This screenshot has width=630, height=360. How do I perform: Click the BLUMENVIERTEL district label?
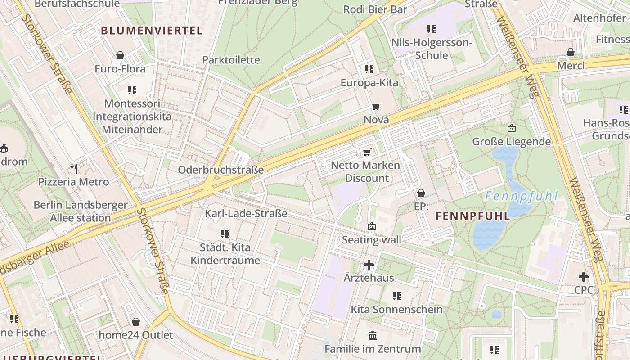152,31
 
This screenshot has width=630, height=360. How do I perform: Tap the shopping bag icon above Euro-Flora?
120,55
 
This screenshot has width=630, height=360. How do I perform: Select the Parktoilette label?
231,60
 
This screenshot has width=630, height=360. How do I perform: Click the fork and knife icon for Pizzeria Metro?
74,169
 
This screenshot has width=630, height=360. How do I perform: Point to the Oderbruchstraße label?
220,170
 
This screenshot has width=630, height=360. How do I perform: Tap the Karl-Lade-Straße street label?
246,213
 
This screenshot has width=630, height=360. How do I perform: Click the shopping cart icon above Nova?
376,107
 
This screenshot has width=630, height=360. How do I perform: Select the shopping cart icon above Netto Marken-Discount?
367,152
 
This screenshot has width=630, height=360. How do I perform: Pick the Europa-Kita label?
369,83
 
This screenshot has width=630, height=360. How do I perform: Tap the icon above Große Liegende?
511,129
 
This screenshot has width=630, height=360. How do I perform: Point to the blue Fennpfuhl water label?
522,196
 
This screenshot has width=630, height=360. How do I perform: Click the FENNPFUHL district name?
473,216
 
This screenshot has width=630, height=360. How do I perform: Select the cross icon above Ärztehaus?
369,265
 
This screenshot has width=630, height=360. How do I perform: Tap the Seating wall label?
371,240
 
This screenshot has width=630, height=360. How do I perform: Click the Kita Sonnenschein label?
396,310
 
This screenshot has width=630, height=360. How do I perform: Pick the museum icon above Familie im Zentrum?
373,336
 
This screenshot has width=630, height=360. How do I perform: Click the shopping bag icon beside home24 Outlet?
136,322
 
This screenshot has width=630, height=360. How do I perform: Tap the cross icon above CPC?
584,277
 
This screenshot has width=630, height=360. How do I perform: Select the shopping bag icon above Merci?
571,52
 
